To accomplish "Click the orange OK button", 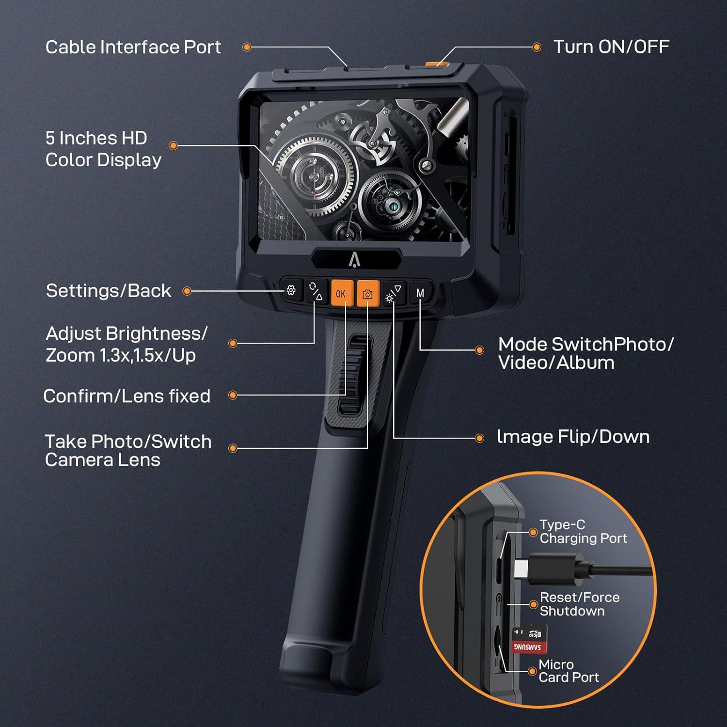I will (x=341, y=294).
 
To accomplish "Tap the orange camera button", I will (x=367, y=294).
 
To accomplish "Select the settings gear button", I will (x=291, y=290).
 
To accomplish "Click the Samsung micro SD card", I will (x=529, y=639).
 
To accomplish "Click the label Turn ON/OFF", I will (x=611, y=47).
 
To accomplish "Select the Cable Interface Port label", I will (x=133, y=47).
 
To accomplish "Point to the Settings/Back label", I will (x=108, y=291).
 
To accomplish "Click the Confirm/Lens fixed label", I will (x=126, y=396).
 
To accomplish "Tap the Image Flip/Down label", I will (x=573, y=437).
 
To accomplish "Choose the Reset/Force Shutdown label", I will (x=579, y=604).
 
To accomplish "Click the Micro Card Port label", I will (x=568, y=671).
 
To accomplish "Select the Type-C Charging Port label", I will (x=583, y=531).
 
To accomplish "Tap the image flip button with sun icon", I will (x=393, y=294).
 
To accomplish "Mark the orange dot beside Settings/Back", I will (x=187, y=291).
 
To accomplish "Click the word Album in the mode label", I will (x=585, y=363).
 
